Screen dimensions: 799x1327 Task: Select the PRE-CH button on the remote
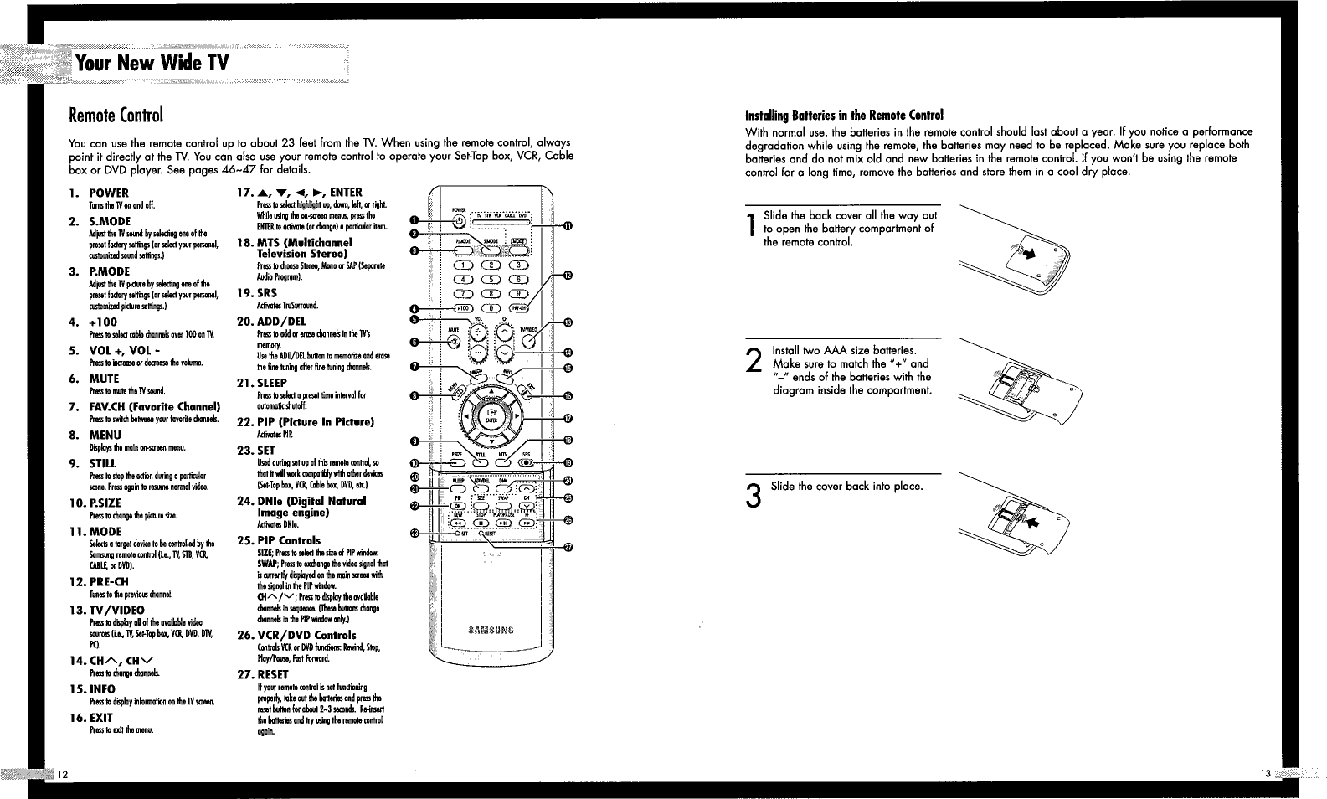coord(519,307)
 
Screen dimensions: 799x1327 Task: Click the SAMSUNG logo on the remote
coord(492,630)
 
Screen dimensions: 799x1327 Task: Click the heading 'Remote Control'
coord(116,114)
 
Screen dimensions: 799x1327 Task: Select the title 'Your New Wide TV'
coord(151,63)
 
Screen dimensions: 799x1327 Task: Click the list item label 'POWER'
coord(109,193)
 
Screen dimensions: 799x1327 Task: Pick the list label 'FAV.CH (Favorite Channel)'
coord(154,407)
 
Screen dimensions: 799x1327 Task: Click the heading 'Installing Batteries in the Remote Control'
coord(844,115)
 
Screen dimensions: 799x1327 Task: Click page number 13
coord(1265,773)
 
